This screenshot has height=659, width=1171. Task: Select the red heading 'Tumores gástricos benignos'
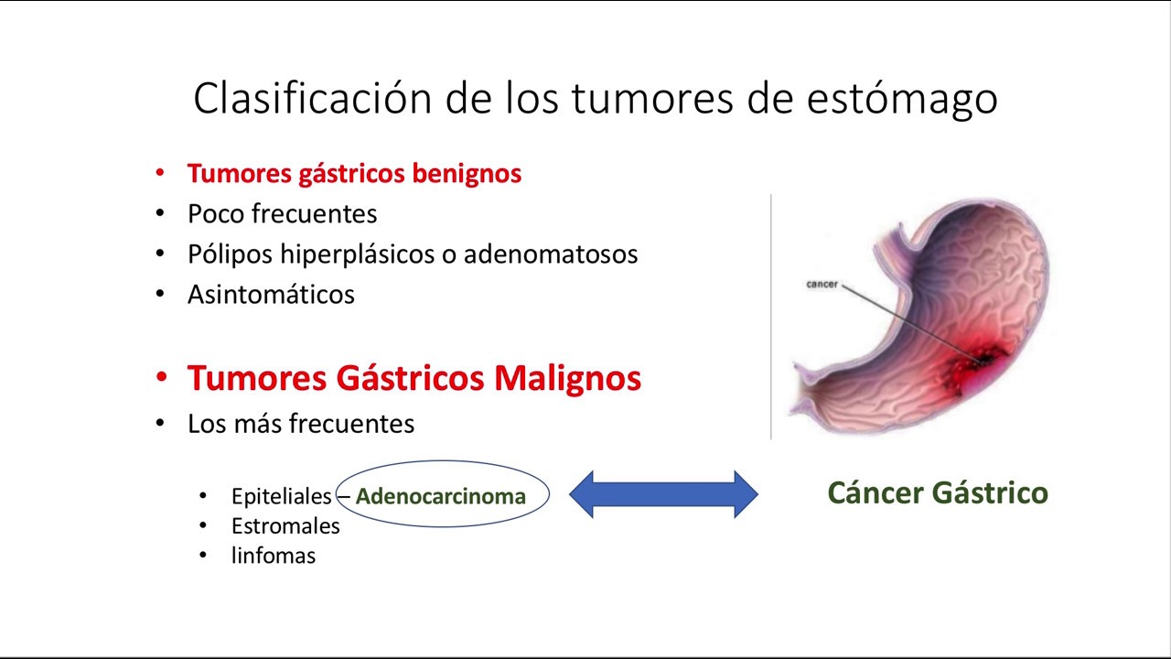[354, 173]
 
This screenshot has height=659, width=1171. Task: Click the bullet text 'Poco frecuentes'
[282, 213]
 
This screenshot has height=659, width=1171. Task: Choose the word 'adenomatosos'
[551, 254]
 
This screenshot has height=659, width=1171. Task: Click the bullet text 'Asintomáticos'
[271, 294]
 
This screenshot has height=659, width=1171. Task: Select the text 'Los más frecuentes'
[301, 424]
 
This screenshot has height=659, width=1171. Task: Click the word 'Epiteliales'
[281, 497]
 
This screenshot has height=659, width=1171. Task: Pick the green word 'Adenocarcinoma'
[441, 497]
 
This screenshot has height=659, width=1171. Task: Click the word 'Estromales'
[285, 526]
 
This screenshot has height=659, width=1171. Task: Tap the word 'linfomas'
[273, 556]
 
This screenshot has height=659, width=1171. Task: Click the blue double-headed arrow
[663, 494]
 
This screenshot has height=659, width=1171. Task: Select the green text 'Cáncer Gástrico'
[937, 493]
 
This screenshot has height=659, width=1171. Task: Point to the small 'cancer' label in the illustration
[822, 285]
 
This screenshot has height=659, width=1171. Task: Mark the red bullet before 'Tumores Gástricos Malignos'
[161, 378]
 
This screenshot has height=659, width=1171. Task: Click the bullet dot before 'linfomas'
[203, 556]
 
